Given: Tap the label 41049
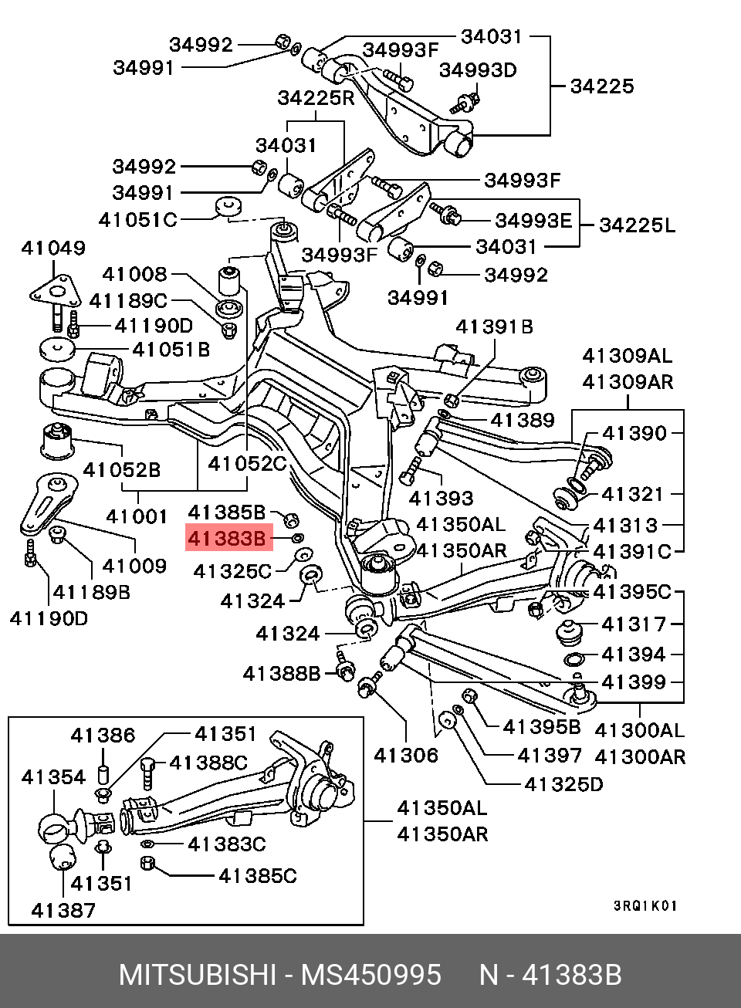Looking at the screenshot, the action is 53,248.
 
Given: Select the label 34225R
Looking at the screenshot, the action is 316,98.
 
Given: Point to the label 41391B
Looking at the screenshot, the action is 494,326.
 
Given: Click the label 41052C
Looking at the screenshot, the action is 247,464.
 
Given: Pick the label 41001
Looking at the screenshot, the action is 137,516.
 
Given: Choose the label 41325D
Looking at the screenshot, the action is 563,784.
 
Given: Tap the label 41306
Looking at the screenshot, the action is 406,756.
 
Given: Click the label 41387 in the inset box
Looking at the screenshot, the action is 63,910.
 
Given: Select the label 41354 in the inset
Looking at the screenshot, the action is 53,777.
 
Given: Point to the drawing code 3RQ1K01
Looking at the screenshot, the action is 645,905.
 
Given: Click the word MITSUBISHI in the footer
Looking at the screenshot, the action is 197,975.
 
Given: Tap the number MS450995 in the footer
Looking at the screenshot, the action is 370,975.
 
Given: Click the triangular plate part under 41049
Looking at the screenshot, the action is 56,290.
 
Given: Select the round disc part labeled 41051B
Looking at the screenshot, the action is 56,349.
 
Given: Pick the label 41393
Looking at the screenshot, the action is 441,498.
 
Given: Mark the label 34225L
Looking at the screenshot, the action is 637,225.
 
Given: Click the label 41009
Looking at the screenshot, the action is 134,566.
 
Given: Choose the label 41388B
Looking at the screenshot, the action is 282,674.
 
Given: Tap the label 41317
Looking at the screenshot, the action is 634,624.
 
